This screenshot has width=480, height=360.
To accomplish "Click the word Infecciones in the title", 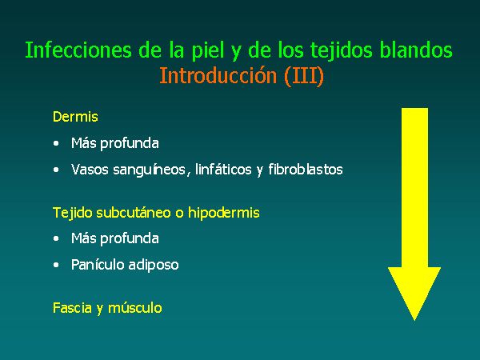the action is (x=78, y=50).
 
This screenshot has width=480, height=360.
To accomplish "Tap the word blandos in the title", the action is (x=416, y=50).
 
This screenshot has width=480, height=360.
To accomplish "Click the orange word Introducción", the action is (x=218, y=76).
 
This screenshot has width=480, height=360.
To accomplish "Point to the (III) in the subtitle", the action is (x=304, y=77).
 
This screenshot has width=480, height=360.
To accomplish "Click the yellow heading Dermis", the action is (x=75, y=117).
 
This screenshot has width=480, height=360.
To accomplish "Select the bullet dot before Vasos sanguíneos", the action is (x=56, y=170).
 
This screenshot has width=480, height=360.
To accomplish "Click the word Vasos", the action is (x=90, y=170).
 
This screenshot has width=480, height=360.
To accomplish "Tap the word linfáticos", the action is (x=223, y=170).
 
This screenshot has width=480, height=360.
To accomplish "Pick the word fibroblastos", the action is (x=306, y=170).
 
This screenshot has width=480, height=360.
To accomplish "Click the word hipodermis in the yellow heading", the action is (x=224, y=213).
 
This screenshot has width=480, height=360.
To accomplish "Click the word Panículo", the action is (x=98, y=265).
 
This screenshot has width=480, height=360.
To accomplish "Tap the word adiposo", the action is (x=154, y=265).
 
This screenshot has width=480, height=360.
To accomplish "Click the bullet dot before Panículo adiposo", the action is (x=56, y=265).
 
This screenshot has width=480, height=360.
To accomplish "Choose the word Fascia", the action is (x=72, y=308).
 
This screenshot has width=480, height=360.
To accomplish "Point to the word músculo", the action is (x=134, y=308).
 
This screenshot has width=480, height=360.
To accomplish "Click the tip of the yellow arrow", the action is (x=414, y=321).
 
